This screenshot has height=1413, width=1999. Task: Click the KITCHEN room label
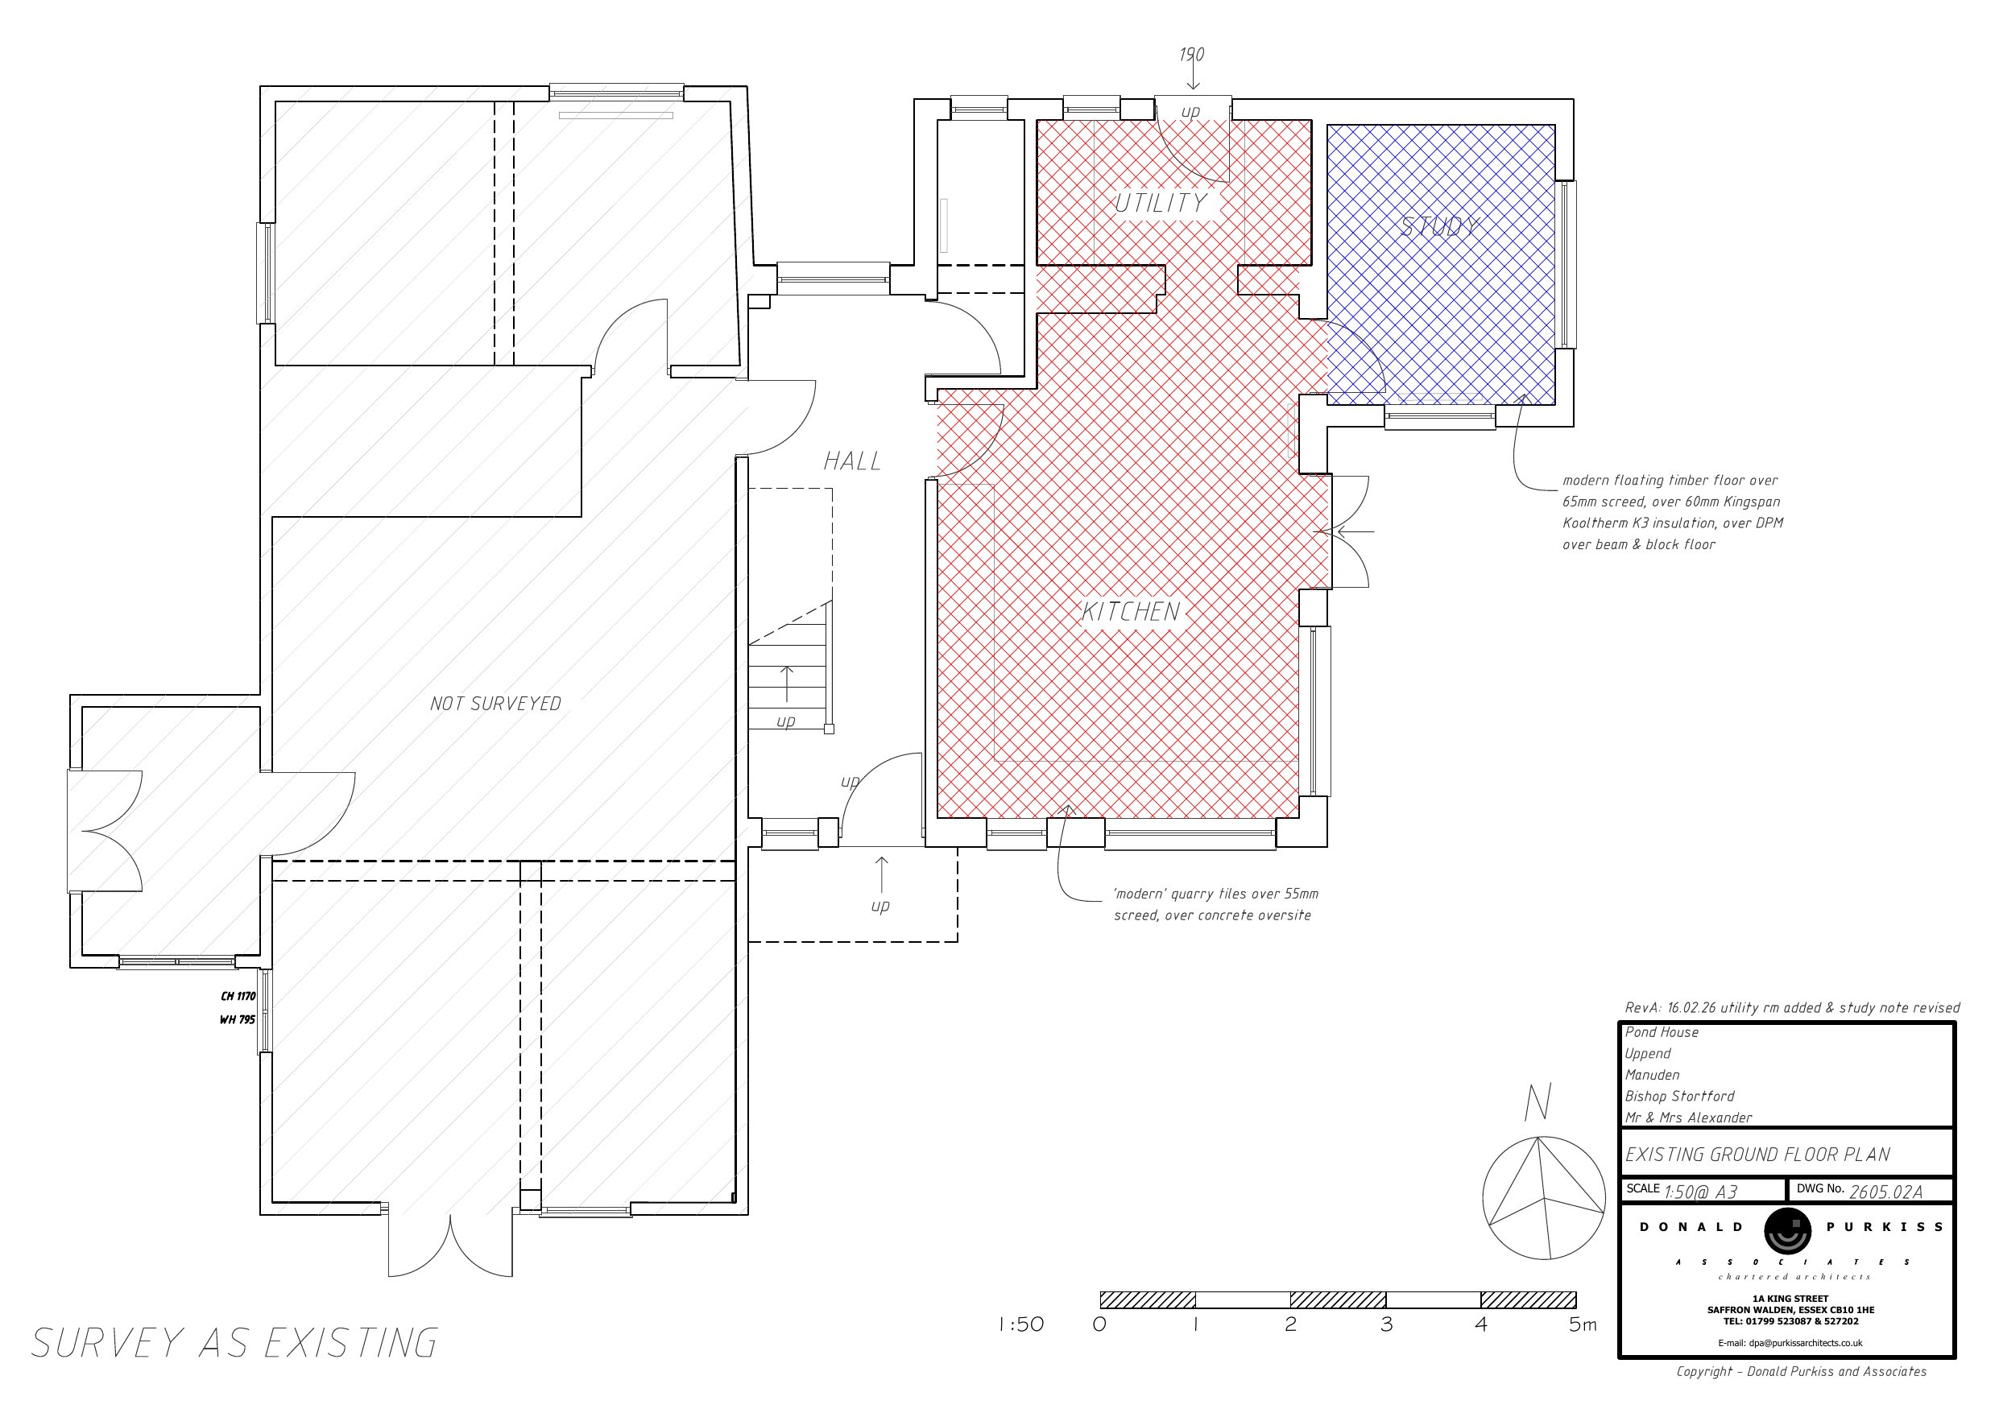click(1131, 611)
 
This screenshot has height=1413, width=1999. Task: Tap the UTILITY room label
click(1161, 203)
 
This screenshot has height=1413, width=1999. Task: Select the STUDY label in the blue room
click(1440, 226)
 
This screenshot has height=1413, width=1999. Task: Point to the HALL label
click(852, 461)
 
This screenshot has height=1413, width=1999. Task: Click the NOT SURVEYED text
click(495, 704)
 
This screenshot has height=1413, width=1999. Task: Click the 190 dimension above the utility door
click(1192, 54)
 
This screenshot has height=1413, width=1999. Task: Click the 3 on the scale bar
click(1386, 1324)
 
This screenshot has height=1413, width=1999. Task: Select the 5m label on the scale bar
click(1583, 1324)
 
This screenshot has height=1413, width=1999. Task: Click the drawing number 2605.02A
click(1885, 1192)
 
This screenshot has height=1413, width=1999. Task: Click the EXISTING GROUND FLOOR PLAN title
click(1758, 1155)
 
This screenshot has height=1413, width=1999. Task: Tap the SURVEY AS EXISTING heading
click(235, 1343)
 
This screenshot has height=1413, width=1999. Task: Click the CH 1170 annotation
click(238, 996)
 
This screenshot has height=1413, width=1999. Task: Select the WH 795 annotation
click(238, 1019)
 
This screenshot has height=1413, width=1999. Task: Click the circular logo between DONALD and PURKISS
click(1787, 1231)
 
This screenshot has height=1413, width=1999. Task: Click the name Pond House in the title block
click(1662, 1031)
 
